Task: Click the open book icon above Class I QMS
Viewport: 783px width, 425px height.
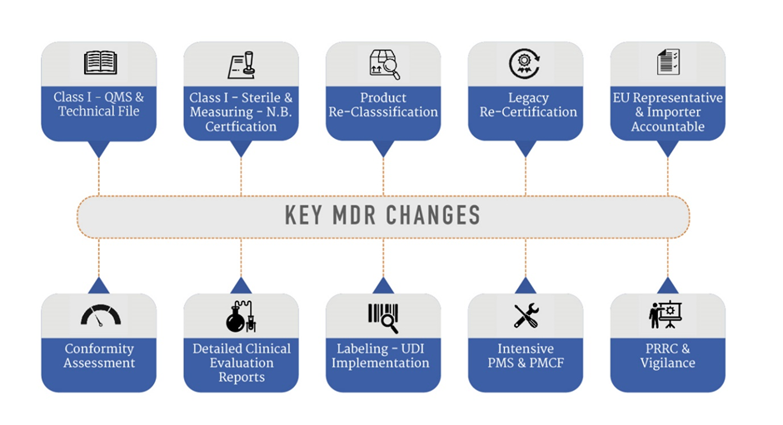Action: click(100, 63)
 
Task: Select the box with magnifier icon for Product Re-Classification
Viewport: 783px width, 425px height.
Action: click(384, 65)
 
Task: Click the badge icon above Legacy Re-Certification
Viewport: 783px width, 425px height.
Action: click(526, 64)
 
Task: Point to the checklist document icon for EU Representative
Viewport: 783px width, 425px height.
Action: click(668, 63)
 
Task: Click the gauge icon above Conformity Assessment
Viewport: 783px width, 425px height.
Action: click(100, 315)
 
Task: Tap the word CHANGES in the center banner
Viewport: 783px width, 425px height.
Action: click(436, 215)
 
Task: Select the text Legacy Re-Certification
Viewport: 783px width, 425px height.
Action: click(526, 105)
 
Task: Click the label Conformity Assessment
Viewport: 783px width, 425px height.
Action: click(99, 356)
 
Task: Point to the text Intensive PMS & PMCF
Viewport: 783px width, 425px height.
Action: click(526, 356)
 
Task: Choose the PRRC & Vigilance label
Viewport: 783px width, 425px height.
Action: click(667, 356)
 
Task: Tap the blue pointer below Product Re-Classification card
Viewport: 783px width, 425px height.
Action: click(383, 148)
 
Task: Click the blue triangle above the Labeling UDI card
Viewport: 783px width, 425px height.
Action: click(383, 285)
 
